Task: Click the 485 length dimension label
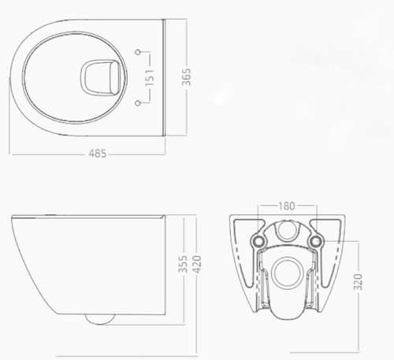click(x=98, y=154)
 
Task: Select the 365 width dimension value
click(x=187, y=77)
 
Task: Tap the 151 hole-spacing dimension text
click(x=150, y=78)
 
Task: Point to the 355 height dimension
click(x=183, y=264)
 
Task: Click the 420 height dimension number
click(x=197, y=264)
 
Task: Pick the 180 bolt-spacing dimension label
click(x=287, y=206)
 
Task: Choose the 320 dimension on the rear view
click(x=358, y=282)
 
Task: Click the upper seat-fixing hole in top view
click(x=138, y=52)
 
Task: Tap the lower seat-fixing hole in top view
click(x=138, y=103)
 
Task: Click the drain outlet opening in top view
click(x=100, y=77)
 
